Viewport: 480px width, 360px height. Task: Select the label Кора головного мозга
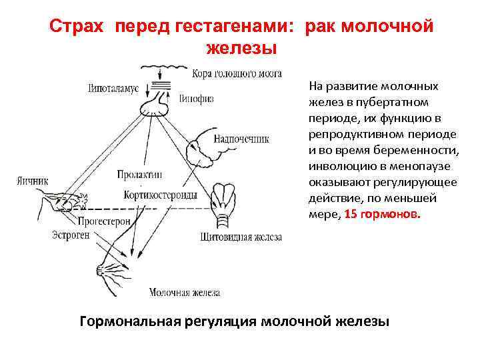pos(236,73)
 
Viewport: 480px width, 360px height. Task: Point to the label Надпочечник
pos(241,139)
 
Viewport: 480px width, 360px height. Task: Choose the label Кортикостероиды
pos(160,195)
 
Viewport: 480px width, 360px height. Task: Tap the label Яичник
pos(33,180)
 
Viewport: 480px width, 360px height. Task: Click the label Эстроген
pos(71,235)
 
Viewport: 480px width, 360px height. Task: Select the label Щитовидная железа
pos(241,237)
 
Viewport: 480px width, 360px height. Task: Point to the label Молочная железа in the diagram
pos(185,292)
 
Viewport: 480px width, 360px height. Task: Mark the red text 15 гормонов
pos(383,215)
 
